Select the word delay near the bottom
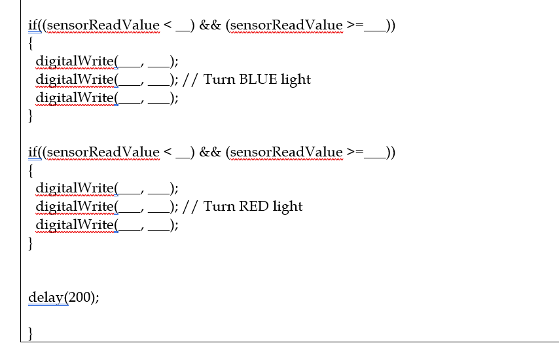pyautogui.click(x=45, y=297)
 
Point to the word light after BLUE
pyautogui.click(x=296, y=80)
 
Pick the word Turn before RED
pyautogui.click(x=219, y=207)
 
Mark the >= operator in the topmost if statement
pyautogui.click(x=355, y=26)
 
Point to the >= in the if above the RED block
pyautogui.click(x=355, y=153)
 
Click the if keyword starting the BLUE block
pyautogui.click(x=32, y=26)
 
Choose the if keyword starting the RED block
pyautogui.click(x=32, y=153)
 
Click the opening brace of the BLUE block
pyautogui.click(x=31, y=44)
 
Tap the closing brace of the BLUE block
pyautogui.click(x=31, y=117)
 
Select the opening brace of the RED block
pyautogui.click(x=31, y=171)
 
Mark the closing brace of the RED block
pyautogui.click(x=31, y=244)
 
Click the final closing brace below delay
pyautogui.click(x=31, y=334)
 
